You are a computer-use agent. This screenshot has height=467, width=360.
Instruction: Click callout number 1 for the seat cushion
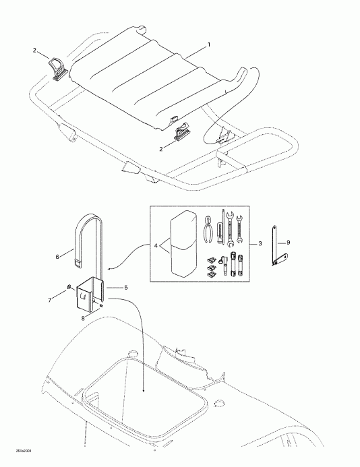tap(209, 44)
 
